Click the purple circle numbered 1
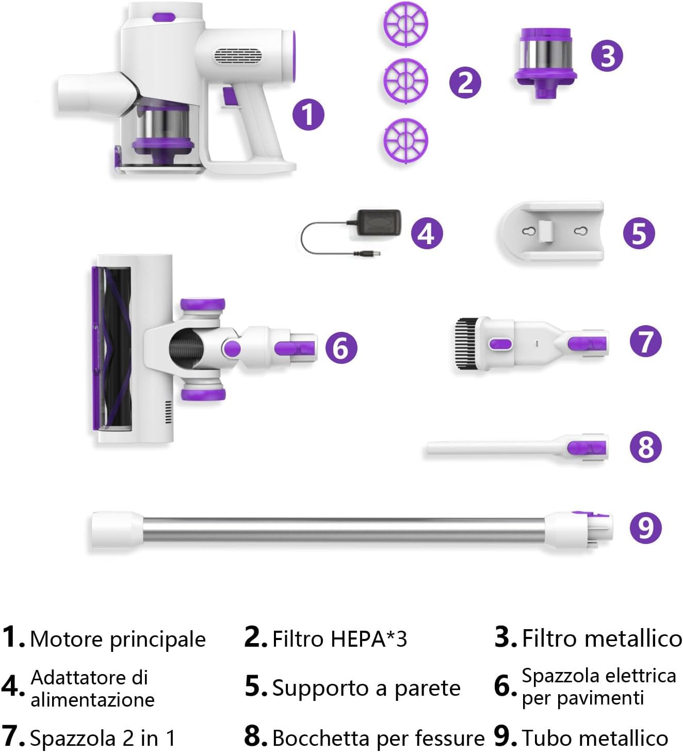(x=308, y=115)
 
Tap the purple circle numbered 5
(x=639, y=233)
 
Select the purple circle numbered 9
(x=645, y=527)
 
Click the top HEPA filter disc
(x=405, y=24)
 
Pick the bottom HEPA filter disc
(x=405, y=141)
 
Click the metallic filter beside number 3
(x=545, y=62)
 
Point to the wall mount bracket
(x=550, y=231)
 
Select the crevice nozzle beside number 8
(x=517, y=447)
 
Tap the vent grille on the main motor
(x=238, y=57)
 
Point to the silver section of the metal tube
(x=344, y=530)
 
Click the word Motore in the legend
(x=67, y=639)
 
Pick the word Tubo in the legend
(x=546, y=739)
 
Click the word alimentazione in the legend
(x=92, y=700)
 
